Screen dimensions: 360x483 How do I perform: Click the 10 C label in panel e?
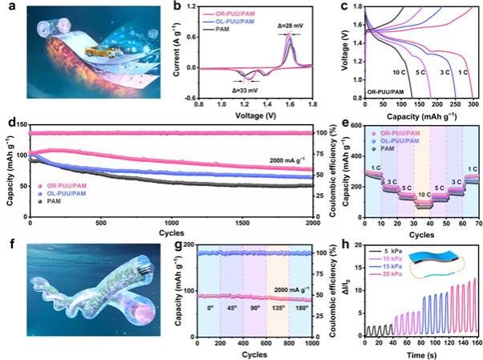click(423, 194)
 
